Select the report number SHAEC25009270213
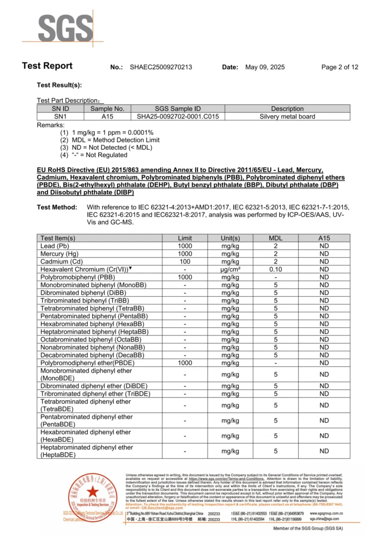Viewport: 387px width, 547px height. (161, 67)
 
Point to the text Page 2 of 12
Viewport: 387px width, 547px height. (340, 67)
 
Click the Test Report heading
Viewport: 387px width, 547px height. (47, 66)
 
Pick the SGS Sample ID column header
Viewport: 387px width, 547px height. (178, 109)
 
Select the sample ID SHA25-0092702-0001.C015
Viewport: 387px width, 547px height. (178, 116)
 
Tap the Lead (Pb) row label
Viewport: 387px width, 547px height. (54, 246)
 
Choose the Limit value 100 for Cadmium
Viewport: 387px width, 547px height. (185, 262)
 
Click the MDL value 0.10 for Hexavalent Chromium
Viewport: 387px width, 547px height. (276, 269)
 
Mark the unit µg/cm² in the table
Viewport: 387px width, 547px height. (230, 269)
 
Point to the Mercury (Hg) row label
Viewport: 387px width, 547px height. (59, 254)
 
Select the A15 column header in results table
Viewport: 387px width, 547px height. (324, 238)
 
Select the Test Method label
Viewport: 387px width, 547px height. (57, 208)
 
